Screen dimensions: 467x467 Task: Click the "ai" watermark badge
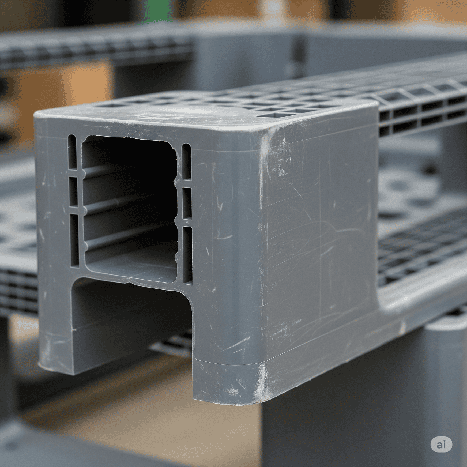click(x=441, y=445)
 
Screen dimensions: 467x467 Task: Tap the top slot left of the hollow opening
click(x=72, y=152)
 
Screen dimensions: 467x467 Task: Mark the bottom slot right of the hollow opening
click(x=188, y=255)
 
